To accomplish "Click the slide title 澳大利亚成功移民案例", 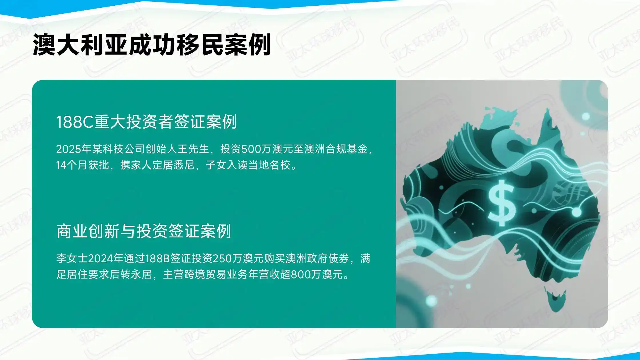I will click(152, 45).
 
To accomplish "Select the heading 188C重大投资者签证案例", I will click(146, 122).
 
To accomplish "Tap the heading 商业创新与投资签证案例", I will click(144, 231).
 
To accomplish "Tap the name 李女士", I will click(72, 259).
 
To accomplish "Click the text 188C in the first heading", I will click(75, 122).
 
